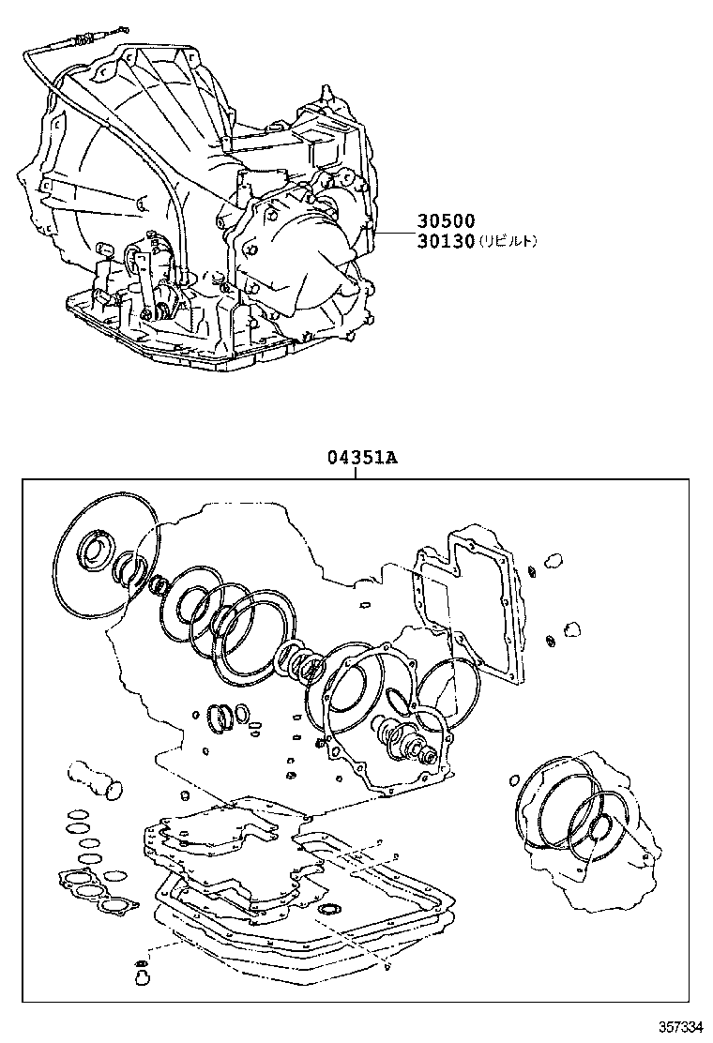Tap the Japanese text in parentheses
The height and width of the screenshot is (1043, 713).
[508, 242]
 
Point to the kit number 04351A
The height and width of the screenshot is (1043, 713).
[362, 458]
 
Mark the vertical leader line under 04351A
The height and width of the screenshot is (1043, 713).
[356, 473]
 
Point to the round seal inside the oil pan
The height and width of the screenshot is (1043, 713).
[329, 910]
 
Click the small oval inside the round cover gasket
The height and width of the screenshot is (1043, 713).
[397, 699]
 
